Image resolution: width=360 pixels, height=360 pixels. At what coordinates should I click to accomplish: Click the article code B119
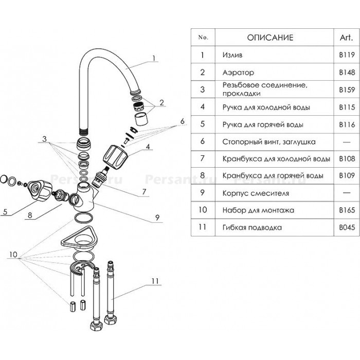[x=347, y=55]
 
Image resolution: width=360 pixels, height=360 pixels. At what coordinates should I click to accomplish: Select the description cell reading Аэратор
[x=238, y=73]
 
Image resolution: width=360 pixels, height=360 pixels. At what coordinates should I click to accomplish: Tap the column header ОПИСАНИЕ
[x=270, y=38]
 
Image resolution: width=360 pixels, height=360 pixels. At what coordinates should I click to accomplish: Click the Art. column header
[x=346, y=38]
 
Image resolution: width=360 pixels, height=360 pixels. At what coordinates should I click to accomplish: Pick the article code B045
[x=347, y=227]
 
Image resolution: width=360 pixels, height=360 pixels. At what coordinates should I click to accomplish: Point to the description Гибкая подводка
[x=252, y=227]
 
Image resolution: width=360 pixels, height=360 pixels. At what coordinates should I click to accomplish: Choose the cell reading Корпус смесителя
[x=256, y=193]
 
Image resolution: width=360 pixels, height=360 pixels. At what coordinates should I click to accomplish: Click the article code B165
[x=347, y=210]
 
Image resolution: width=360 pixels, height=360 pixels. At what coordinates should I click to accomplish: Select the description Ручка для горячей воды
[x=263, y=124]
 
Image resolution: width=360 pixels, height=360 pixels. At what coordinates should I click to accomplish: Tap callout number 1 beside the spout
[x=154, y=58]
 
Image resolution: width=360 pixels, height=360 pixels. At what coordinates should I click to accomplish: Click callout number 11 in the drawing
[x=155, y=281]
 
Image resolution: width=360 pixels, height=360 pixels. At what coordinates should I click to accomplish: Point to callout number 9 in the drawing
[x=157, y=218]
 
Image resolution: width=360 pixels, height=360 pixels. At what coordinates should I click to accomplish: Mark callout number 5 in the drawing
[x=5, y=211]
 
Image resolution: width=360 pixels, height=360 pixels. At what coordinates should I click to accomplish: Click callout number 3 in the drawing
[x=44, y=139]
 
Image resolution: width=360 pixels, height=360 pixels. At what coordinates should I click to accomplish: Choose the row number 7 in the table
[x=202, y=158]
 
